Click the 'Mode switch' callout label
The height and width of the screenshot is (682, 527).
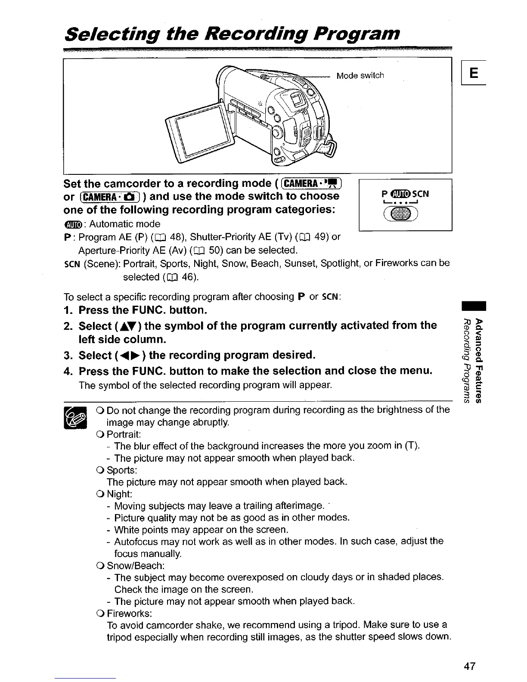pyautogui.click(x=360, y=76)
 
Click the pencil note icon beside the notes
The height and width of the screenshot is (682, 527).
pyautogui.click(x=75, y=417)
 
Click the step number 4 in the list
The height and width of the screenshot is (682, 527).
pyautogui.click(x=67, y=371)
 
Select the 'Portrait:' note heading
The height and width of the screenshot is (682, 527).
pyautogui.click(x=124, y=434)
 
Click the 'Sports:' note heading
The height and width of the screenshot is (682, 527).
pyautogui.click(x=121, y=469)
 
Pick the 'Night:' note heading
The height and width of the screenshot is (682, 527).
pyautogui.click(x=119, y=493)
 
